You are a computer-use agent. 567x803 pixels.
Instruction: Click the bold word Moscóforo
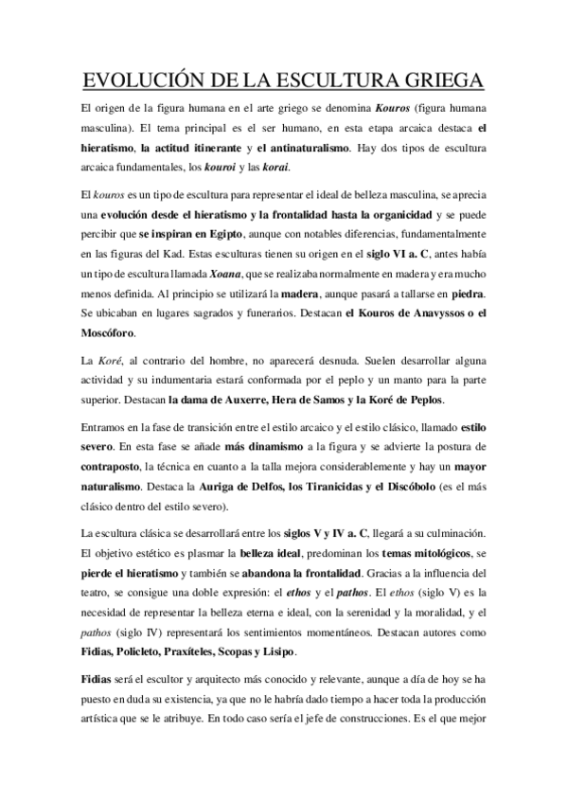(107, 332)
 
